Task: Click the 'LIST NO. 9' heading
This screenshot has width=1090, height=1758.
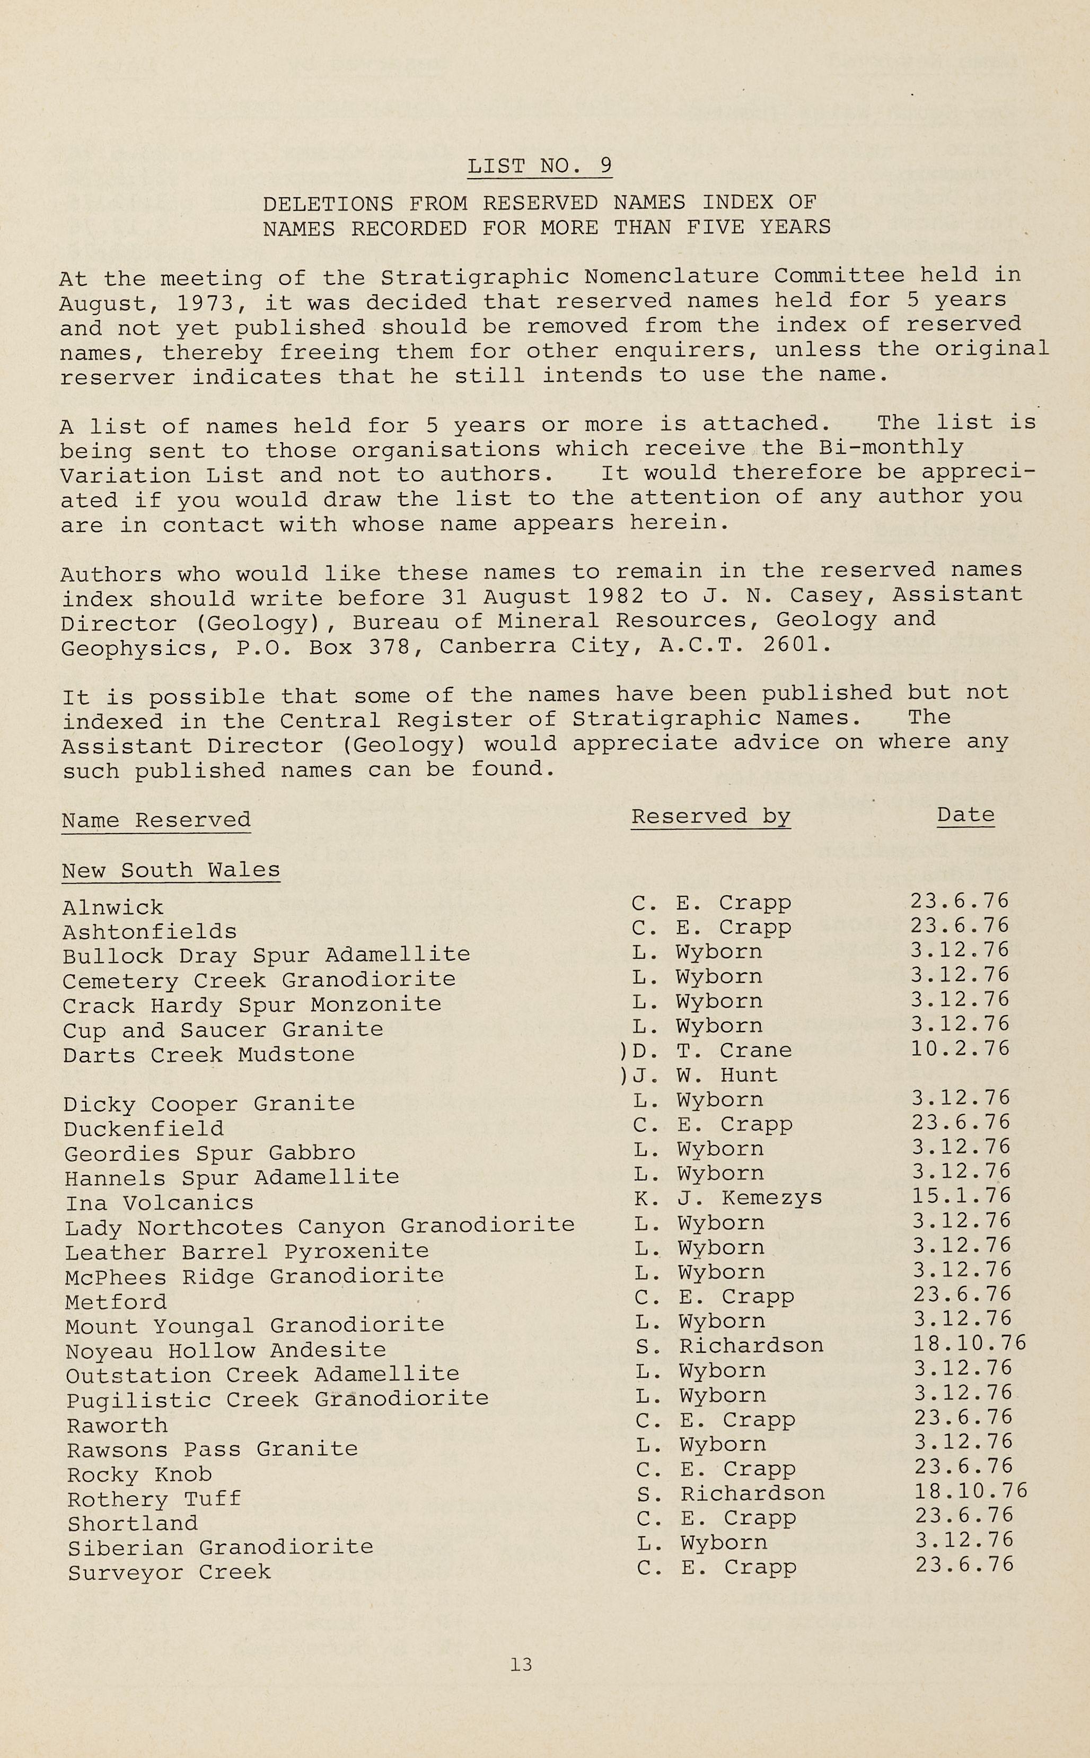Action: (539, 166)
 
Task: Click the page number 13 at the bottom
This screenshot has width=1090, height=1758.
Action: (521, 1664)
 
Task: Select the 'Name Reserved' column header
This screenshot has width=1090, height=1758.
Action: (156, 820)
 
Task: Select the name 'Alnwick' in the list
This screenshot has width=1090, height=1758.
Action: (113, 907)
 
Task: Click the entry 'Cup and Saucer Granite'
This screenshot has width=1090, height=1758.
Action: (223, 1030)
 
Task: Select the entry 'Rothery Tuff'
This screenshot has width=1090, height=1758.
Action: (154, 1499)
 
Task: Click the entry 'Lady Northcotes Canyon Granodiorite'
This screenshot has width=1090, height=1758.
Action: (319, 1226)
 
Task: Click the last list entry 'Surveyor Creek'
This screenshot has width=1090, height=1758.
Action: (170, 1573)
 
